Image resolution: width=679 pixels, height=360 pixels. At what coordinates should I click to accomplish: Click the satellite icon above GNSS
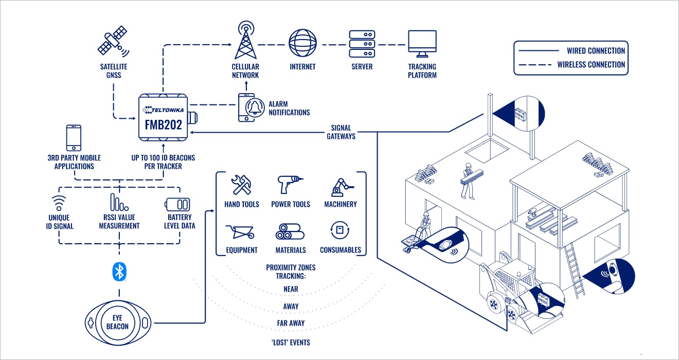(113, 41)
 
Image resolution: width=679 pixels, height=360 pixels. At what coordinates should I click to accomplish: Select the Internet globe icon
(302, 43)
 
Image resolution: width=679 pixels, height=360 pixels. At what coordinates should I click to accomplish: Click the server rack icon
(362, 44)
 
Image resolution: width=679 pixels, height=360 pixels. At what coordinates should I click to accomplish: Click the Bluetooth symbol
(119, 271)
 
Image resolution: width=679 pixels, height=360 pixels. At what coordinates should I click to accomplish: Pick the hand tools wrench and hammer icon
(241, 185)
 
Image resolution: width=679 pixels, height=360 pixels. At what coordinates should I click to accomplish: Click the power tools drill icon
(290, 185)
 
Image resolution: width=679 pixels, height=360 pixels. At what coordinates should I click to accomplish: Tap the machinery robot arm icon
(341, 186)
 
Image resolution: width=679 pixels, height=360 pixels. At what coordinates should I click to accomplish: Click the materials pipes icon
(291, 232)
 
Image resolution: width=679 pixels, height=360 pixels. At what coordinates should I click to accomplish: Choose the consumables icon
(340, 231)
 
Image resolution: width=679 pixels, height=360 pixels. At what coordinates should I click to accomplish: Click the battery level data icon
(180, 204)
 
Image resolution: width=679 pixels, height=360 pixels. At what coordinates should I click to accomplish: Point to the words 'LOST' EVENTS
(291, 343)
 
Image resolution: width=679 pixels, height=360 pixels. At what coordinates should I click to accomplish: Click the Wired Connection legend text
(596, 51)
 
